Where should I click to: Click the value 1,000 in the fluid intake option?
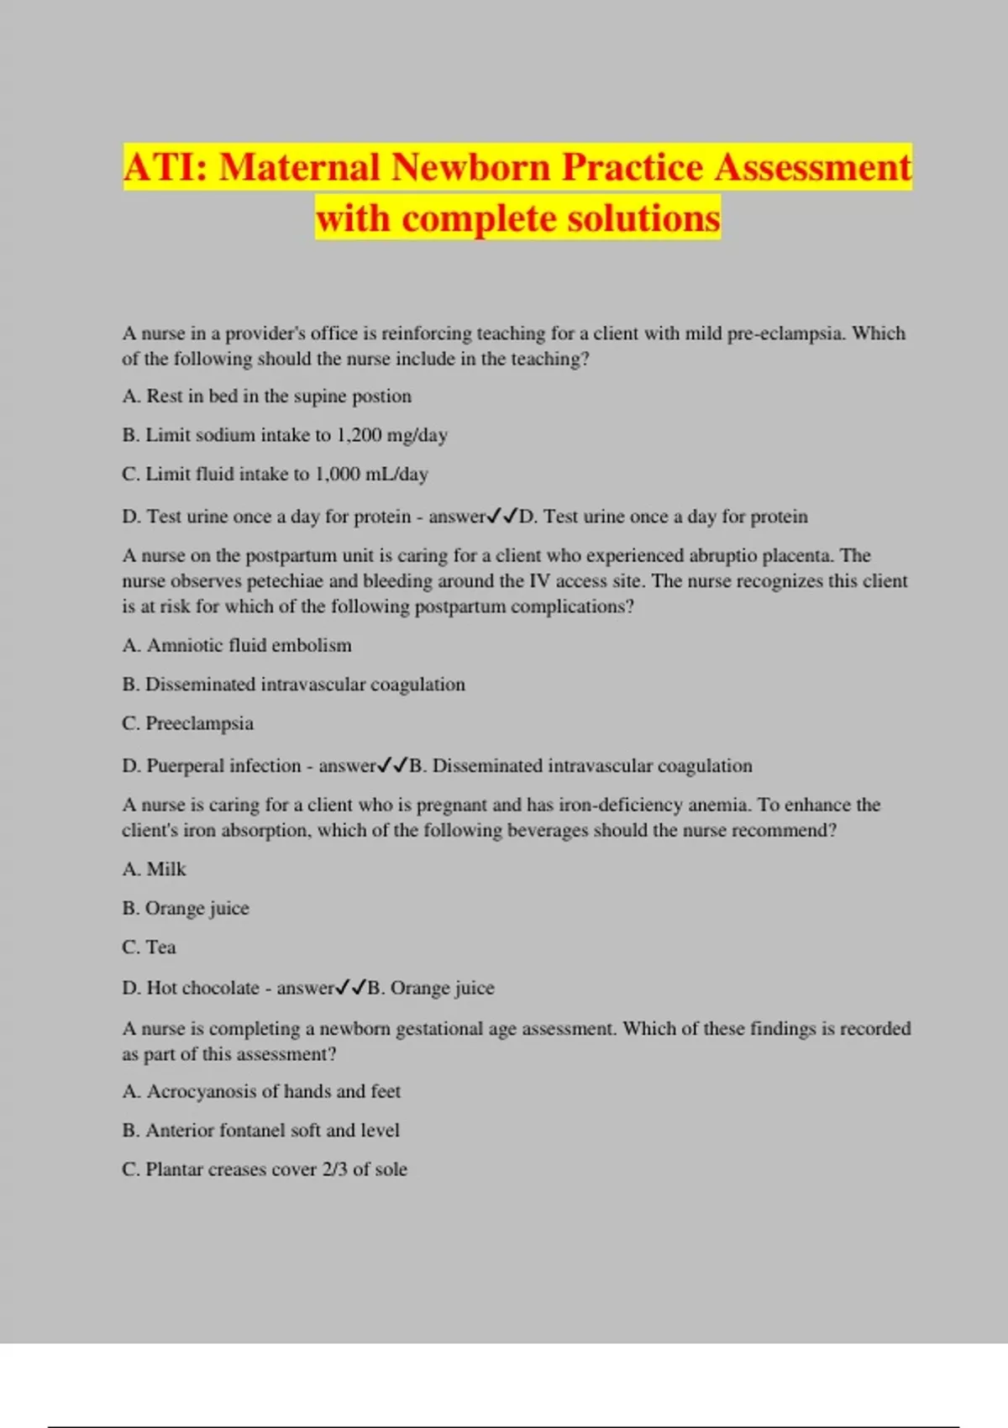pos(338,474)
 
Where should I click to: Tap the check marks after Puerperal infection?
pos(393,765)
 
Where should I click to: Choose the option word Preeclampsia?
pos(199,723)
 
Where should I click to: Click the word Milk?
pos(166,869)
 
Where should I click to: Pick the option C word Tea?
pos(160,948)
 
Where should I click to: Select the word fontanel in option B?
pos(251,1131)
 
